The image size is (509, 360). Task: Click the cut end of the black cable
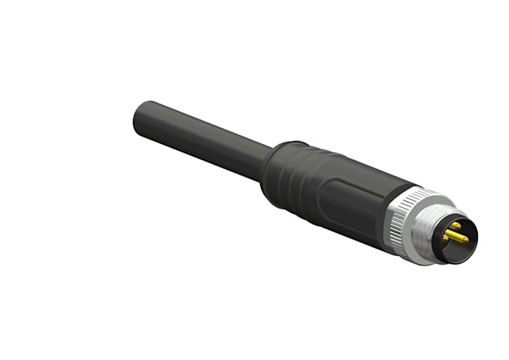[140, 116]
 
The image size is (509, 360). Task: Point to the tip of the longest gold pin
[465, 239]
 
